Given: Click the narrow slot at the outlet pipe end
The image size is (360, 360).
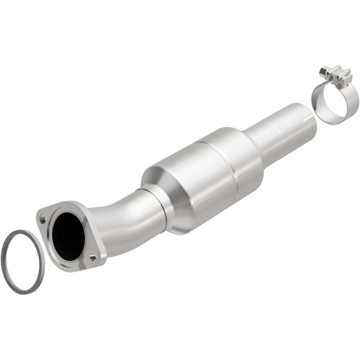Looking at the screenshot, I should (x=308, y=120).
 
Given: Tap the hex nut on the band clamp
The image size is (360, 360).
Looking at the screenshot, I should (x=324, y=71).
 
